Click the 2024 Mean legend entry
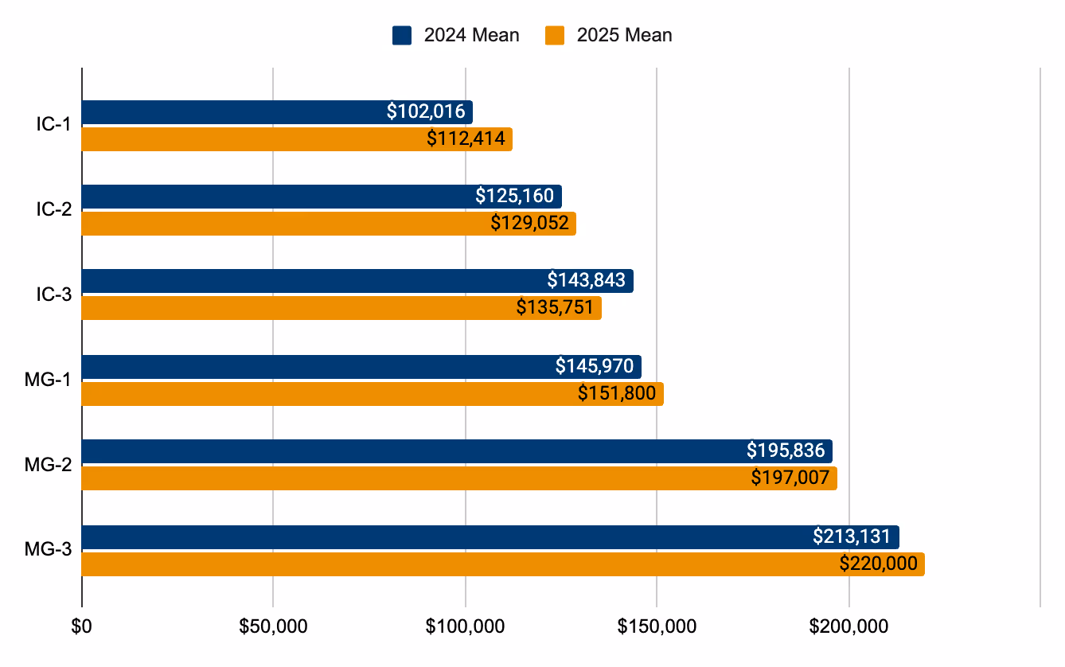click(x=455, y=35)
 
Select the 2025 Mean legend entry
click(x=609, y=35)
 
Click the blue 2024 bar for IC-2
click(x=279, y=196)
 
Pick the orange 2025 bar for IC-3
click(x=295, y=308)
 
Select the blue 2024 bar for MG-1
click(x=318, y=367)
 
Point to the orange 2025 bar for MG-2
click(x=398, y=478)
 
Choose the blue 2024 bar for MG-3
click(x=438, y=537)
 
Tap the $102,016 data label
click(x=426, y=111)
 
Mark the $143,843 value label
click(x=587, y=280)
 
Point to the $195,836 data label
click(x=786, y=451)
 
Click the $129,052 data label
click(x=530, y=224)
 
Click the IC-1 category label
click(x=54, y=126)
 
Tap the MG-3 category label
click(x=49, y=551)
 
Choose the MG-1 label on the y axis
click(x=49, y=380)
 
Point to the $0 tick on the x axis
click(x=82, y=626)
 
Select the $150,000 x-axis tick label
click(x=657, y=626)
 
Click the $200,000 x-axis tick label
click(x=848, y=626)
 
